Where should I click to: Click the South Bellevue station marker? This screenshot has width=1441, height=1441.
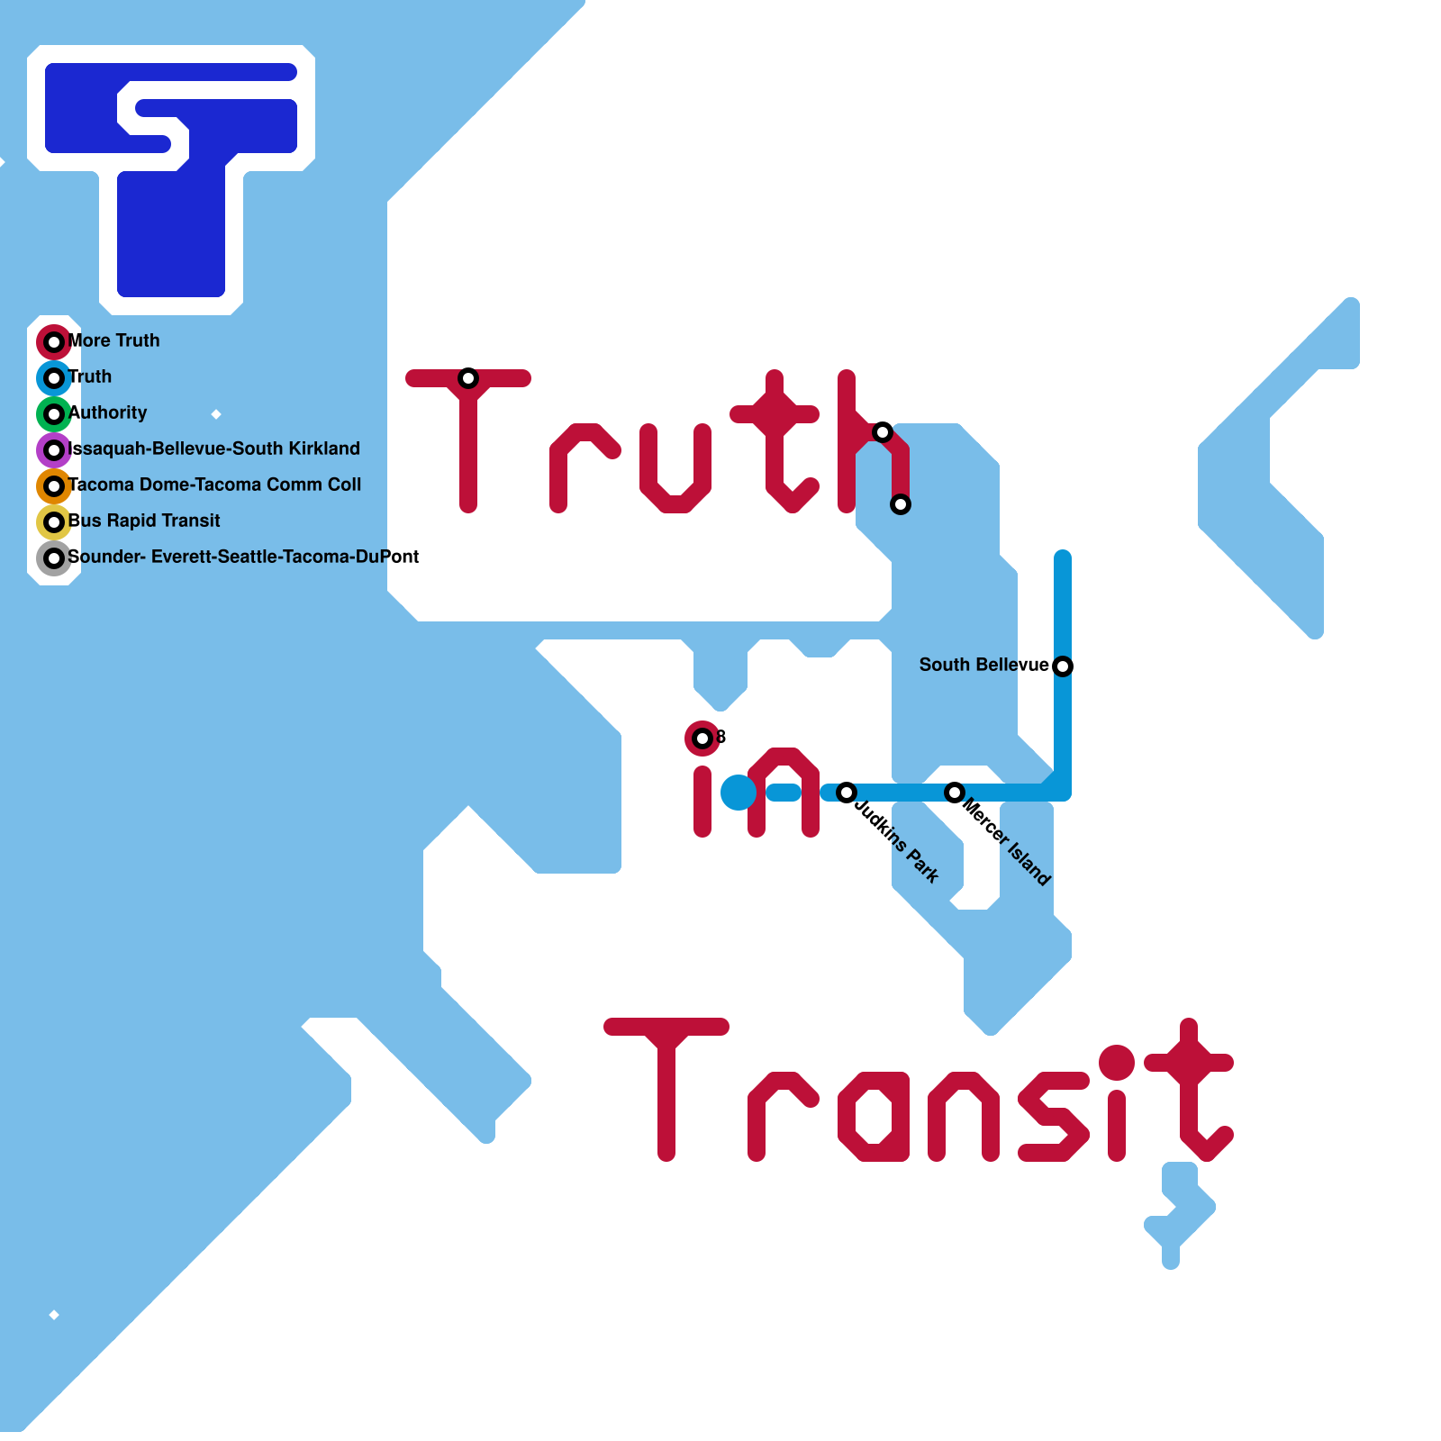pyautogui.click(x=1063, y=666)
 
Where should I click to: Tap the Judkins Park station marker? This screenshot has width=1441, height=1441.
pyautogui.click(x=847, y=793)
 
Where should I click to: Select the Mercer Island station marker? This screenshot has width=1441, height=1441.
pyautogui.click(x=955, y=793)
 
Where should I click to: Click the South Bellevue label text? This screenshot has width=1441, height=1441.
pyautogui.click(x=983, y=665)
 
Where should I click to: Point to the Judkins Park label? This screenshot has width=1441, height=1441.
pyautogui.click(x=897, y=841)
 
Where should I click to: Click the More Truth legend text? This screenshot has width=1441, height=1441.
pyautogui.click(x=114, y=340)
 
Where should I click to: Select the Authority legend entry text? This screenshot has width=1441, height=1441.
pyautogui.click(x=108, y=412)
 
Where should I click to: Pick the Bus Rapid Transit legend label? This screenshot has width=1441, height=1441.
pyautogui.click(x=144, y=521)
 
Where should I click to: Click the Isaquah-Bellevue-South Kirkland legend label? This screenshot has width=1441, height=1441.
pyautogui.click(x=214, y=449)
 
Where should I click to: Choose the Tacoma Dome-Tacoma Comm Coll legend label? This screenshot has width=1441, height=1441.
pyautogui.click(x=214, y=485)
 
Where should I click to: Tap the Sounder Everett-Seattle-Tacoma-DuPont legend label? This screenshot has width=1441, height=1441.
pyautogui.click(x=243, y=557)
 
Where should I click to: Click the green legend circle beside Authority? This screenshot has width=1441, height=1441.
pyautogui.click(x=54, y=414)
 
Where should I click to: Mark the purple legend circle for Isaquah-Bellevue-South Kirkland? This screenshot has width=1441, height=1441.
pyautogui.click(x=54, y=450)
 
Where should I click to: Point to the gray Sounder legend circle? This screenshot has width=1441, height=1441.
pyautogui.click(x=54, y=558)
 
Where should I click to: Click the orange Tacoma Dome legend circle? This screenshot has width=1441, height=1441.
pyautogui.click(x=54, y=486)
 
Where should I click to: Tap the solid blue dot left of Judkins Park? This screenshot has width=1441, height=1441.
pyautogui.click(x=739, y=793)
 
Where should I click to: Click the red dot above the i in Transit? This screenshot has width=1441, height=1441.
pyautogui.click(x=1117, y=1063)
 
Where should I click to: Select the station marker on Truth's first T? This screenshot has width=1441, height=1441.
pyautogui.click(x=468, y=378)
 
